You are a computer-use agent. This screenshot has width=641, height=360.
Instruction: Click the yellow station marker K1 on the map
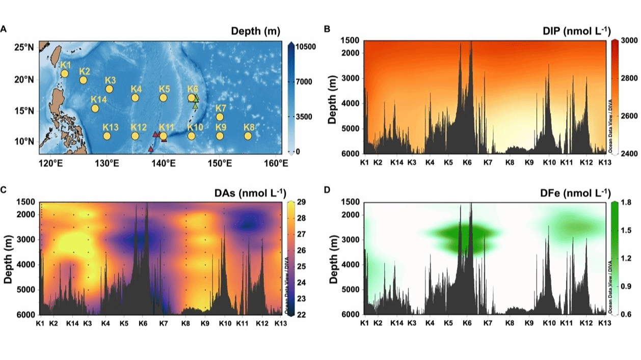click(65, 74)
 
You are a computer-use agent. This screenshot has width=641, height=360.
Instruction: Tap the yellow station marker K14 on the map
click(95, 108)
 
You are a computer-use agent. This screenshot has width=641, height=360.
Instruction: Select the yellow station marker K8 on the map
click(248, 136)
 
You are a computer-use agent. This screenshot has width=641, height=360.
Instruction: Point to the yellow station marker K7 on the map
click(220, 117)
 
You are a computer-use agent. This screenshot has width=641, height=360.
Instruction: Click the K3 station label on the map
click(110, 80)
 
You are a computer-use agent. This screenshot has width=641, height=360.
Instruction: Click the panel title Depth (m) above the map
click(255, 32)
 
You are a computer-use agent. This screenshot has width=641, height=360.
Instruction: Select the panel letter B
click(327, 29)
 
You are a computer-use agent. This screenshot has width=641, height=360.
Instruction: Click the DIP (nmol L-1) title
click(577, 32)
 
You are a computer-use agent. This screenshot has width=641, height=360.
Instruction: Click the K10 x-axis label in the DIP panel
click(549, 162)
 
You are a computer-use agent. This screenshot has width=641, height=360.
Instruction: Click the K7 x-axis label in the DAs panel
click(163, 324)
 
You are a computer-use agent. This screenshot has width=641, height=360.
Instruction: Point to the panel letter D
click(327, 190)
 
